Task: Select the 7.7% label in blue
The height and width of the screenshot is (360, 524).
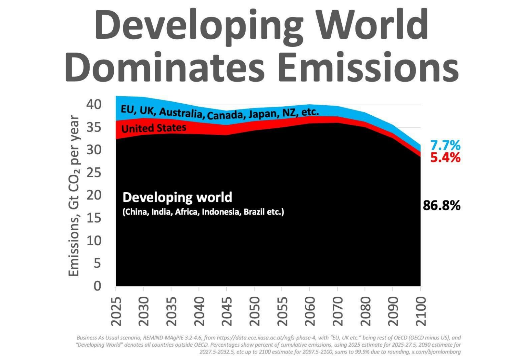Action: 445,145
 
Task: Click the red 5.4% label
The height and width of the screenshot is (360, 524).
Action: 445,158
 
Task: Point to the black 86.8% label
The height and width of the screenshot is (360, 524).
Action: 441,205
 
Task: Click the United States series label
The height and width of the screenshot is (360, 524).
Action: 154,128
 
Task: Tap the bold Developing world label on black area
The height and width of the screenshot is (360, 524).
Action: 177,197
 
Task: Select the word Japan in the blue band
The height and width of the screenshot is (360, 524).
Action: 262,114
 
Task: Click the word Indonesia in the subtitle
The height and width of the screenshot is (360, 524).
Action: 221,212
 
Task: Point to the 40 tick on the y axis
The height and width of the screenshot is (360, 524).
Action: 94,105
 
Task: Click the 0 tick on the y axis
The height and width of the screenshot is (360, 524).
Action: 97,286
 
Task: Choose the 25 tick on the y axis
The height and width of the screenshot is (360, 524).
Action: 94,173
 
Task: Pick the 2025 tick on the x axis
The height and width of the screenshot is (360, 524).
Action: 116,311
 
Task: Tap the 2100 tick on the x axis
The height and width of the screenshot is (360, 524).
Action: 421,311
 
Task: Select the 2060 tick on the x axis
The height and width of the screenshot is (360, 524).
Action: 310,311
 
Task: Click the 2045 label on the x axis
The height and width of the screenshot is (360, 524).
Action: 227,311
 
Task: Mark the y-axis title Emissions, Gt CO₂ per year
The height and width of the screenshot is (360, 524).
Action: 74,195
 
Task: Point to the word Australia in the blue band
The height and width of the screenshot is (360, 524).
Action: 181,112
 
